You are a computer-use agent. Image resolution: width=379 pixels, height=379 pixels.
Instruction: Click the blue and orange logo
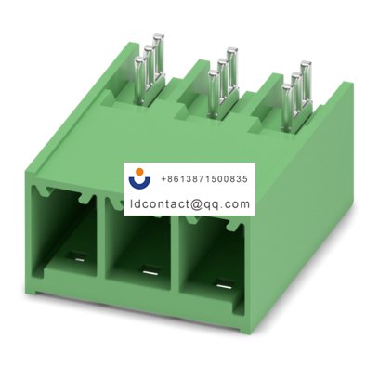pos(141,177)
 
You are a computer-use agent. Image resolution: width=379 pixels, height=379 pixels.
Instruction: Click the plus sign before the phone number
pos(164,176)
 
